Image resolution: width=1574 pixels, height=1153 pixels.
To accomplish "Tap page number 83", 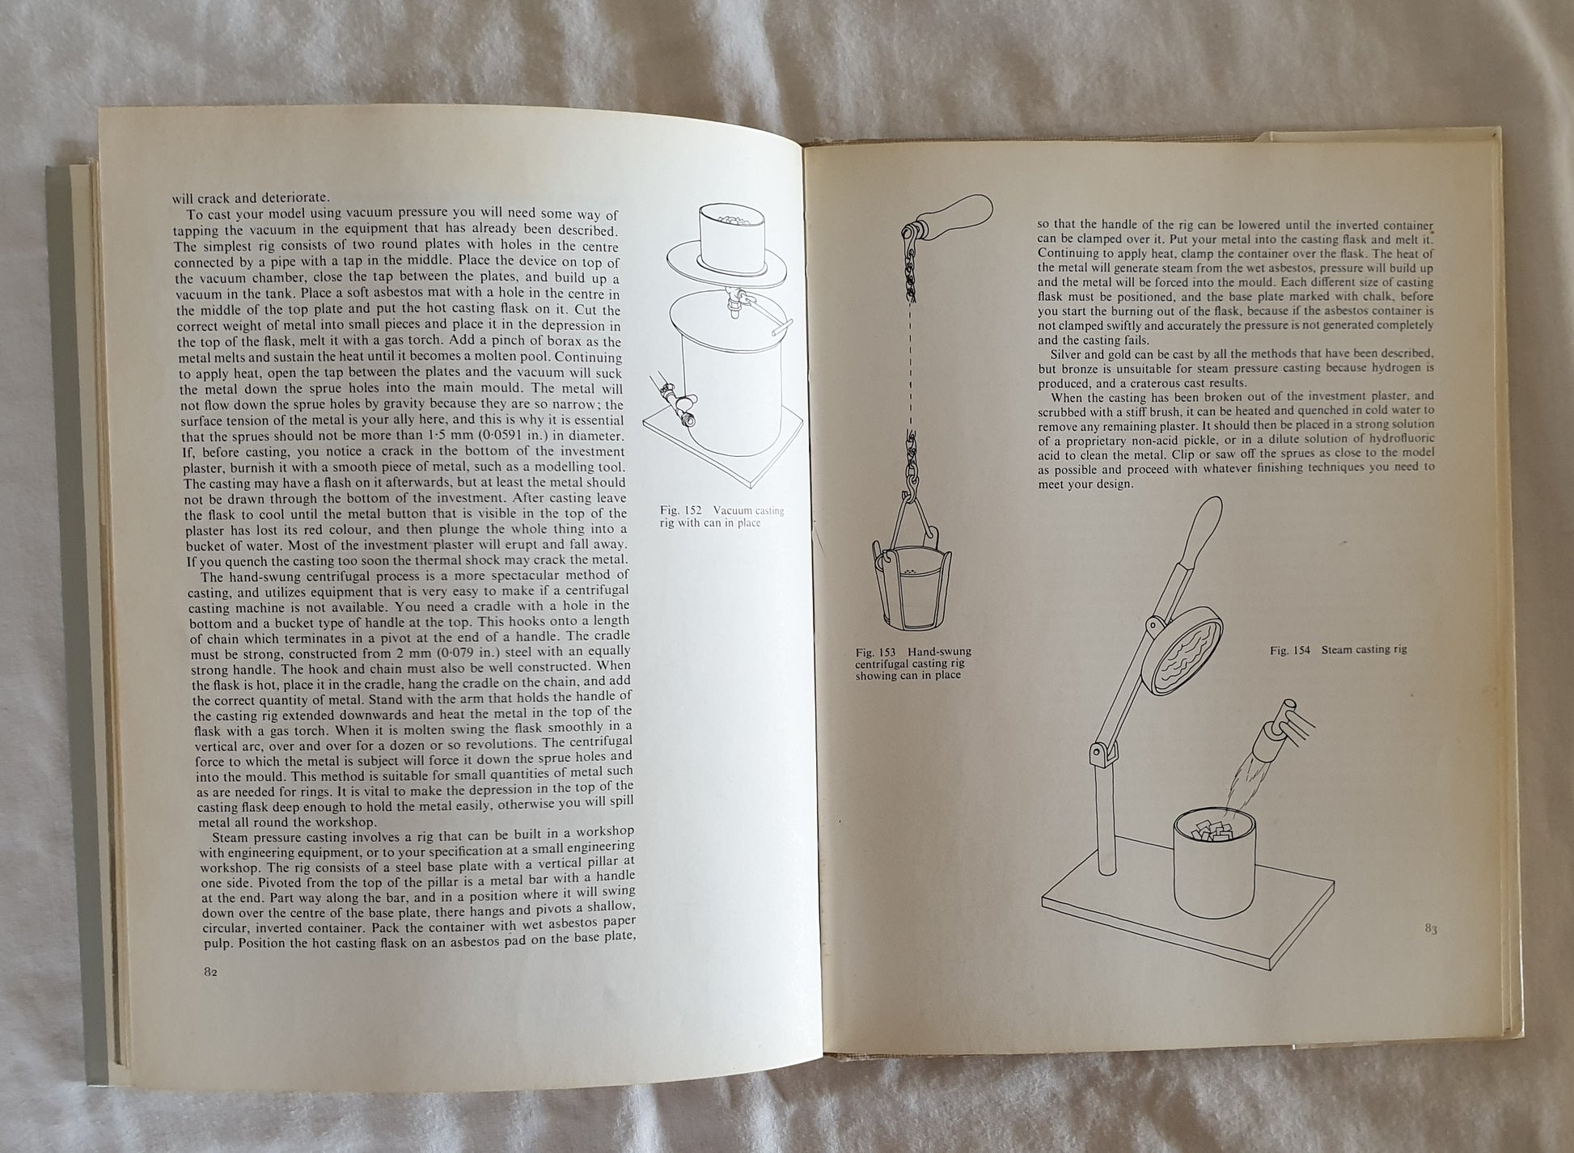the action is [x=1431, y=929].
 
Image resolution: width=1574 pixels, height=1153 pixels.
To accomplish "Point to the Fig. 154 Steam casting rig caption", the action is [x=1338, y=649].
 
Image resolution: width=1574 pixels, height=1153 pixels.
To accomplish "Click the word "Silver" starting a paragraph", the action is [x=1067, y=353].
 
